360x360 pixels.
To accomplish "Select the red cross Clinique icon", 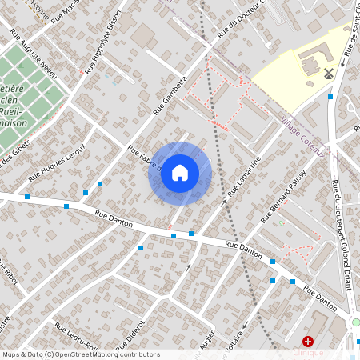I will pos(308,341).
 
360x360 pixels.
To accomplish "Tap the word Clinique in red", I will pos(308,353).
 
